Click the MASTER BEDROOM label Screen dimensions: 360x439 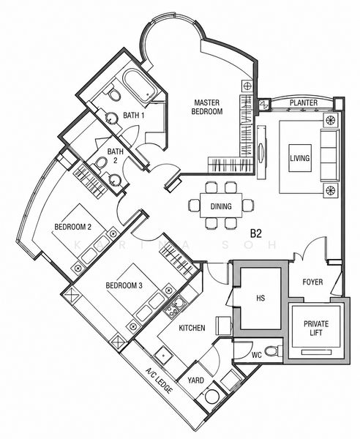coord(207,107)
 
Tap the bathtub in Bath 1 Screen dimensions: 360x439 coord(140,87)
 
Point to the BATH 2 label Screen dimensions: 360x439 coord(116,156)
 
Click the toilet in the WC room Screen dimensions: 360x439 coord(274,351)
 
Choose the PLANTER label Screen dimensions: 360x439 coord(304,102)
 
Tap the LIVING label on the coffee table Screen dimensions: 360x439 coord(300,158)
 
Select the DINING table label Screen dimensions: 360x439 coord(221,206)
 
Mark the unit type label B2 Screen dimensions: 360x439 coord(255,233)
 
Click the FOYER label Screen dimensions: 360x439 coord(312,282)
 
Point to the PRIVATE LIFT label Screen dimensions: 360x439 coord(316,328)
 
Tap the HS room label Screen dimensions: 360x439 coord(260,299)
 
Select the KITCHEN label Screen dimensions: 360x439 coord(192,328)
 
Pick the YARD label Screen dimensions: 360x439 coord(195,380)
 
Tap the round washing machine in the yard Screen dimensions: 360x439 coord(211,397)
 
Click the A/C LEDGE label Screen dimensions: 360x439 coord(158,380)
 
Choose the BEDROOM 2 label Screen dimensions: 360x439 coord(72,227)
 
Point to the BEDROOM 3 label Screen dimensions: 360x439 coord(124,285)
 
